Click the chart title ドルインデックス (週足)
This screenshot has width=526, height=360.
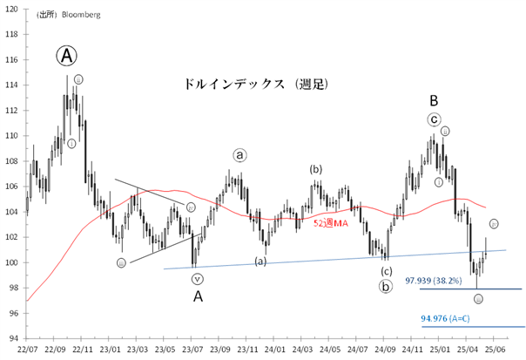point(256,85)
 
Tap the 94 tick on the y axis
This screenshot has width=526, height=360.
point(12,339)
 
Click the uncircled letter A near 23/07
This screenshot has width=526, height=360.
point(198,297)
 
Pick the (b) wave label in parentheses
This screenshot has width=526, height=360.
point(316,168)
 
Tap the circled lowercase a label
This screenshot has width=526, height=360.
point(240,155)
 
